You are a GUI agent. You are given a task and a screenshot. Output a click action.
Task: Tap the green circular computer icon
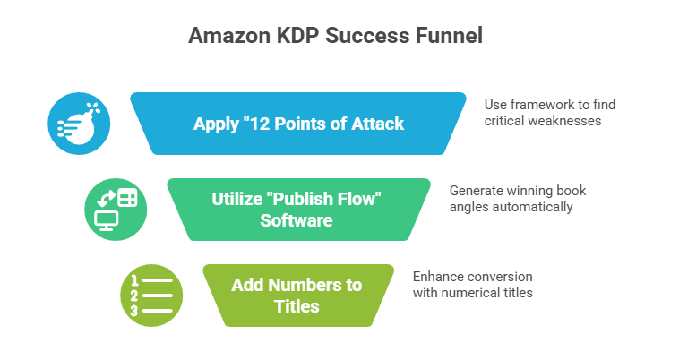tap(116, 209)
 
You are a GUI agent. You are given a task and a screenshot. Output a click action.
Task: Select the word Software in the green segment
tap(297, 219)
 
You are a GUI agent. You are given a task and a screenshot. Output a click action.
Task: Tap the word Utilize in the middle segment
tap(237, 199)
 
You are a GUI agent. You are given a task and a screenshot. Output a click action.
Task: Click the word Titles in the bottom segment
tap(297, 305)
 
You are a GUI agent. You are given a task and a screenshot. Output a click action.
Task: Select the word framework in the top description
tap(537, 104)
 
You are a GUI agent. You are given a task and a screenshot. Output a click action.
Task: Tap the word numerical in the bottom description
tap(468, 293)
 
